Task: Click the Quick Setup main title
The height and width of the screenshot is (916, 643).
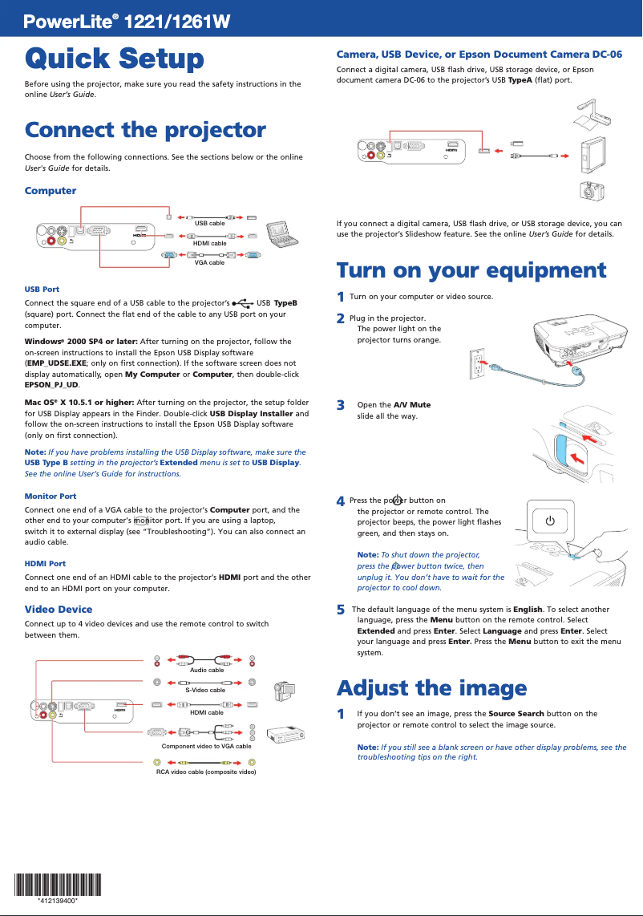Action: click(x=114, y=59)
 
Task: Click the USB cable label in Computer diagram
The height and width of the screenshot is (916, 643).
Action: click(x=209, y=223)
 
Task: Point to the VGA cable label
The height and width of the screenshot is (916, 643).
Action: click(x=209, y=262)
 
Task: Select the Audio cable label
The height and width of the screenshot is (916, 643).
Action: click(x=206, y=670)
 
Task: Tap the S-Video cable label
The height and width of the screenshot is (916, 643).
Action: click(x=205, y=690)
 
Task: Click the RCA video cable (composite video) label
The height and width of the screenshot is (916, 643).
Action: click(x=206, y=772)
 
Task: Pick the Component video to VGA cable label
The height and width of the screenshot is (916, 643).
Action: click(x=206, y=746)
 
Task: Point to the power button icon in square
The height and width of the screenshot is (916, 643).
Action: click(x=549, y=521)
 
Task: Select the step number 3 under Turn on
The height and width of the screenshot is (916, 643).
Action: click(x=341, y=405)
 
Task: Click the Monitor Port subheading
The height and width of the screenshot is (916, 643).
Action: click(x=51, y=497)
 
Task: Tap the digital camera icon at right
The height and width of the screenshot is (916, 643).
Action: click(x=591, y=191)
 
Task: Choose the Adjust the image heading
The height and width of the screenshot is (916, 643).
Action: click(x=431, y=688)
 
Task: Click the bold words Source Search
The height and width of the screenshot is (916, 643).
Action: click(x=516, y=713)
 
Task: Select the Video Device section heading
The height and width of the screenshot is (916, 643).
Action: click(x=59, y=610)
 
